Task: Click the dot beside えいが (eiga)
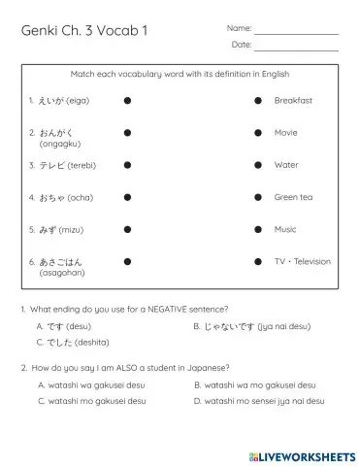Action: [127, 100]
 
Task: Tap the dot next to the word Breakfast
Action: [258, 100]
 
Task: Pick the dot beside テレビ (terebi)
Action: [127, 165]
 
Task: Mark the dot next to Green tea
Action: [258, 197]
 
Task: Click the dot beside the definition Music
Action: [258, 230]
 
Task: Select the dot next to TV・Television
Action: [258, 262]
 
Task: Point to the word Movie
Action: [285, 132]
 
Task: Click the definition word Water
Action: [286, 165]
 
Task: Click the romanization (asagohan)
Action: [54, 273]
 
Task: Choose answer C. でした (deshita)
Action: [73, 342]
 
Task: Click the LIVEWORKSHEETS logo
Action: [302, 455]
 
